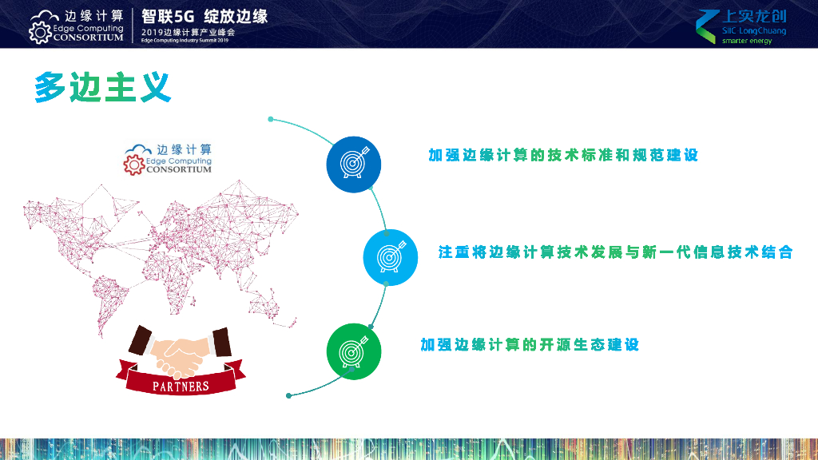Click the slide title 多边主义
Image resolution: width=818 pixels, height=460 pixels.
pyautogui.click(x=103, y=88)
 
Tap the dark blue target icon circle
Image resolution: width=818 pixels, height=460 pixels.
pyautogui.click(x=353, y=164)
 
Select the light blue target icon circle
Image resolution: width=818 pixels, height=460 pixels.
pyautogui.click(x=391, y=257)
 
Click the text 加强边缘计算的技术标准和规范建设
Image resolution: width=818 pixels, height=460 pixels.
pyautogui.click(x=563, y=155)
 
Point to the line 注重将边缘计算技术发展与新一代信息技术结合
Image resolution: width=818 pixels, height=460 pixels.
pyautogui.click(x=615, y=252)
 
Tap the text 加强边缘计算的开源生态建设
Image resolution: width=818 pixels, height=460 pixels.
pyautogui.click(x=530, y=345)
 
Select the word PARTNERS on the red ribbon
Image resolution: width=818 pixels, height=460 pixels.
pyautogui.click(x=181, y=387)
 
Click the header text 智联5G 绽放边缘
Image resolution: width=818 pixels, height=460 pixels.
pyautogui.click(x=204, y=15)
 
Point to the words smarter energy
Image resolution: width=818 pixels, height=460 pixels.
pyautogui.click(x=747, y=41)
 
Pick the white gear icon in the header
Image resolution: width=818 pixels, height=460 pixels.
pyautogui.click(x=40, y=32)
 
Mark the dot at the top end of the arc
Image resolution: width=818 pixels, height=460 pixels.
pyautogui.click(x=271, y=120)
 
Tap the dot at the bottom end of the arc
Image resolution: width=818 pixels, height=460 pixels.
pyautogui.click(x=289, y=395)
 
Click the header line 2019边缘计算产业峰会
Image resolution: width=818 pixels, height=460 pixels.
pyautogui.click(x=188, y=31)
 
